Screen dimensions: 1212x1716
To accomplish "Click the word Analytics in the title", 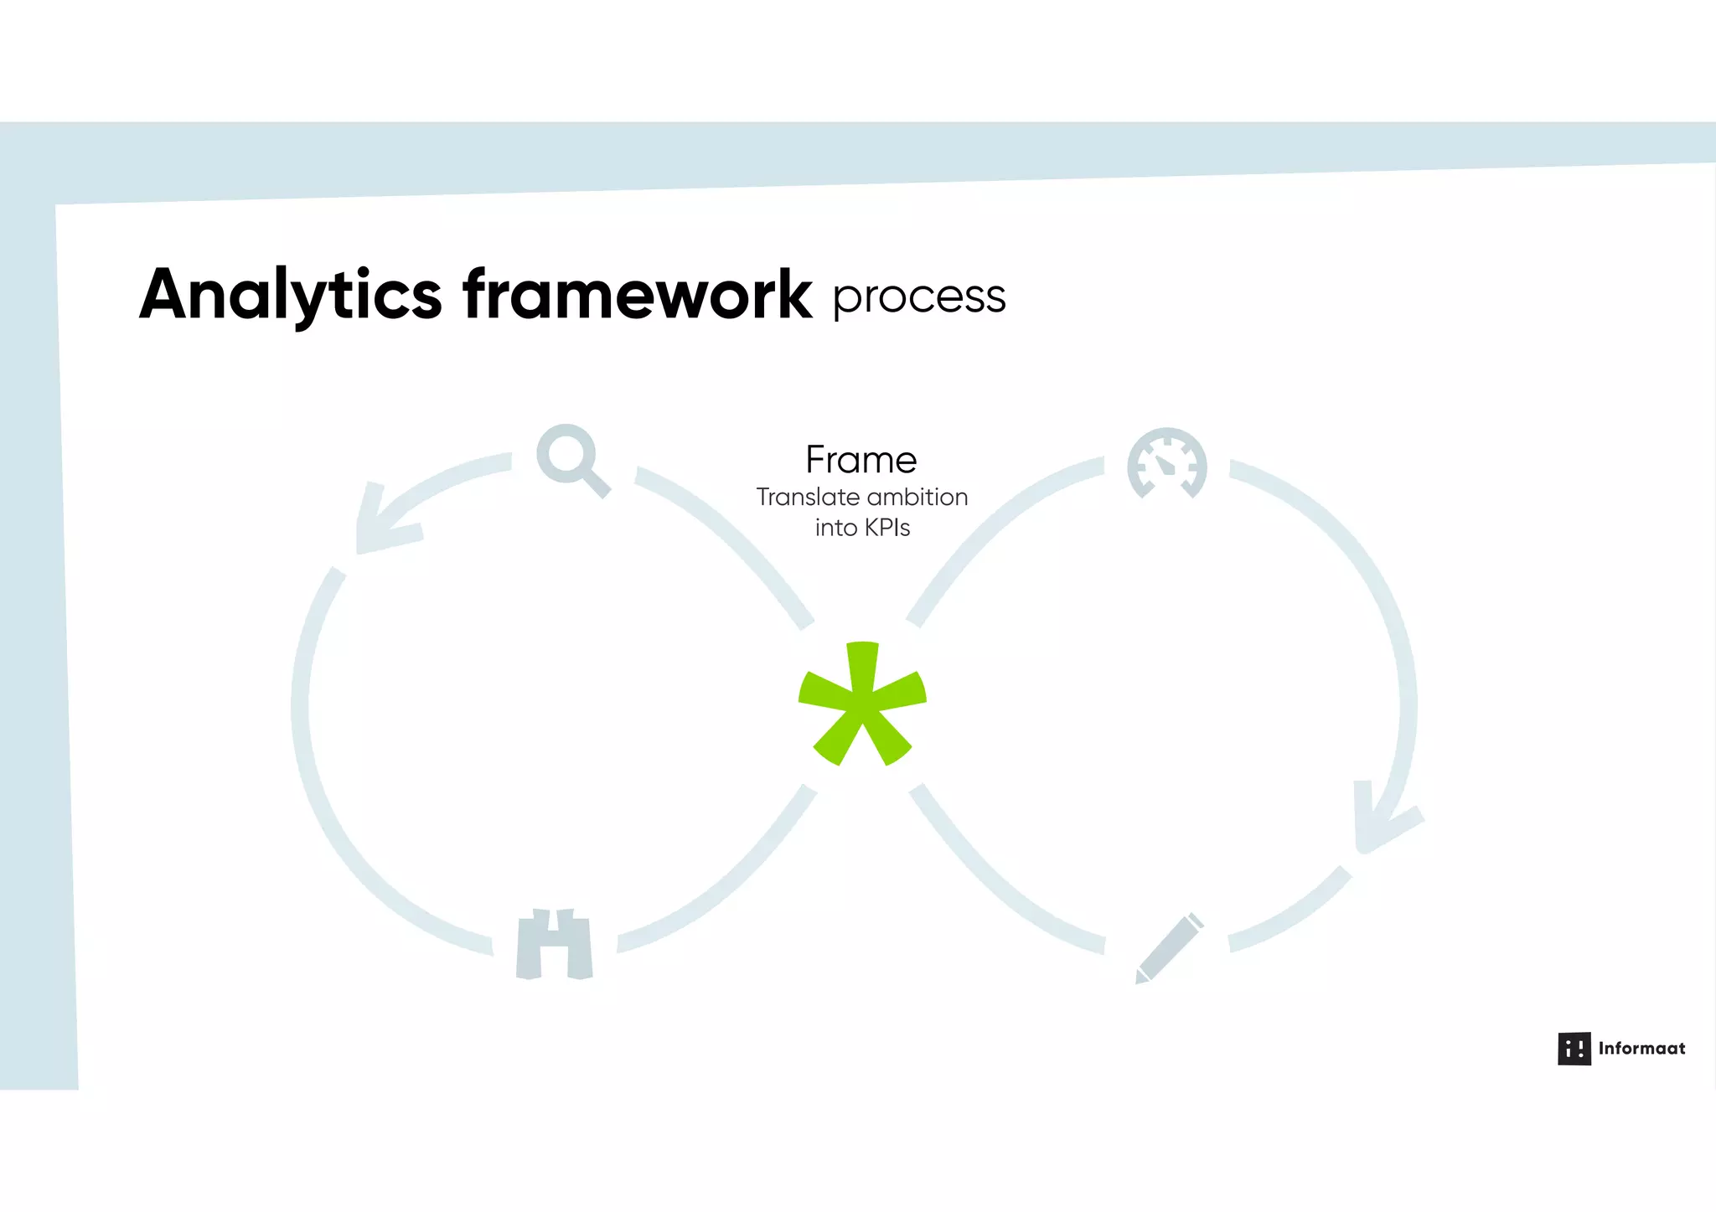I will pos(290,295).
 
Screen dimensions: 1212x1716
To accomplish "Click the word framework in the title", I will pos(637,295).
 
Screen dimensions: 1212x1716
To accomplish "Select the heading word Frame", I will pos(861,460).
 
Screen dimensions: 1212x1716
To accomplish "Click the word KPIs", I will pos(886,529).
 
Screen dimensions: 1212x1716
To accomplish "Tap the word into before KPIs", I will pos(835,529).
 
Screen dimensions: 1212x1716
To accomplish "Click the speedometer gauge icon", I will pos(1166,464).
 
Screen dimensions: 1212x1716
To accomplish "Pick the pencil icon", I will pos(1171,948).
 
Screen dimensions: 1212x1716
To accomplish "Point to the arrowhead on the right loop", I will pos(1378,821).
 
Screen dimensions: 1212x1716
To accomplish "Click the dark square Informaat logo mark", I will pos(1574,1049).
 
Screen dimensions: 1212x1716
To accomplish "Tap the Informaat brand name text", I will pos(1641,1049).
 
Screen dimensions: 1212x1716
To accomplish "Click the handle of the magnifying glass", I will pos(597,484).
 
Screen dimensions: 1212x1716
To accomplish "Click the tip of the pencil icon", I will pos(1140,978).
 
